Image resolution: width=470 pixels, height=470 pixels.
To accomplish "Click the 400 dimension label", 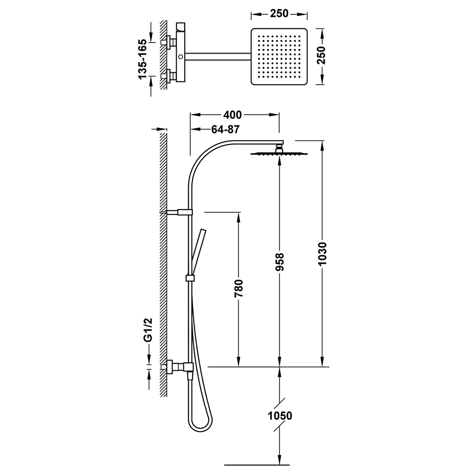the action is click(x=232, y=115).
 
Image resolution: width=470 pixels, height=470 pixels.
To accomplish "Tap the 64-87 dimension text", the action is click(x=226, y=129).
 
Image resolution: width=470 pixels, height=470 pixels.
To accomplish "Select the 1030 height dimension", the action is click(x=322, y=254).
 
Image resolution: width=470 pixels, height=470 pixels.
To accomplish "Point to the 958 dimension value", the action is click(x=280, y=262).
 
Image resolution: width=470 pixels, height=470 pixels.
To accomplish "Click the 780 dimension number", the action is click(x=239, y=289).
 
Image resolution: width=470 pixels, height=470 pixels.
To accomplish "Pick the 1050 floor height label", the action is click(x=280, y=416).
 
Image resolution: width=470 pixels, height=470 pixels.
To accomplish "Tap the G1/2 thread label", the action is click(x=148, y=330).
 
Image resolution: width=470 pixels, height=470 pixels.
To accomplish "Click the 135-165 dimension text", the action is click(x=143, y=59).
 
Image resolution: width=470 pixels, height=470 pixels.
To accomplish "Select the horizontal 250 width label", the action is click(x=279, y=14).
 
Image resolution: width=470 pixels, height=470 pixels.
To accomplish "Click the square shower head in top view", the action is click(x=279, y=57).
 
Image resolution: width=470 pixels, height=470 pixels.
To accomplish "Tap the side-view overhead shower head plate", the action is click(x=279, y=154).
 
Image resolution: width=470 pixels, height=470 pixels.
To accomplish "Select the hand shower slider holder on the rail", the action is click(x=189, y=278).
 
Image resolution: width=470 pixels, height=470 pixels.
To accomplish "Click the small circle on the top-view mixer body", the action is click(x=180, y=57).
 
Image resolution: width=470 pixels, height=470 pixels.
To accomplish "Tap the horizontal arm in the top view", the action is click(x=218, y=57).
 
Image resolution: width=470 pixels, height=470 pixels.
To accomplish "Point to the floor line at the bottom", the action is click(x=257, y=465).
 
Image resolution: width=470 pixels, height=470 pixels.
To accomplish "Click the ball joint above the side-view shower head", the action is click(x=279, y=148).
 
